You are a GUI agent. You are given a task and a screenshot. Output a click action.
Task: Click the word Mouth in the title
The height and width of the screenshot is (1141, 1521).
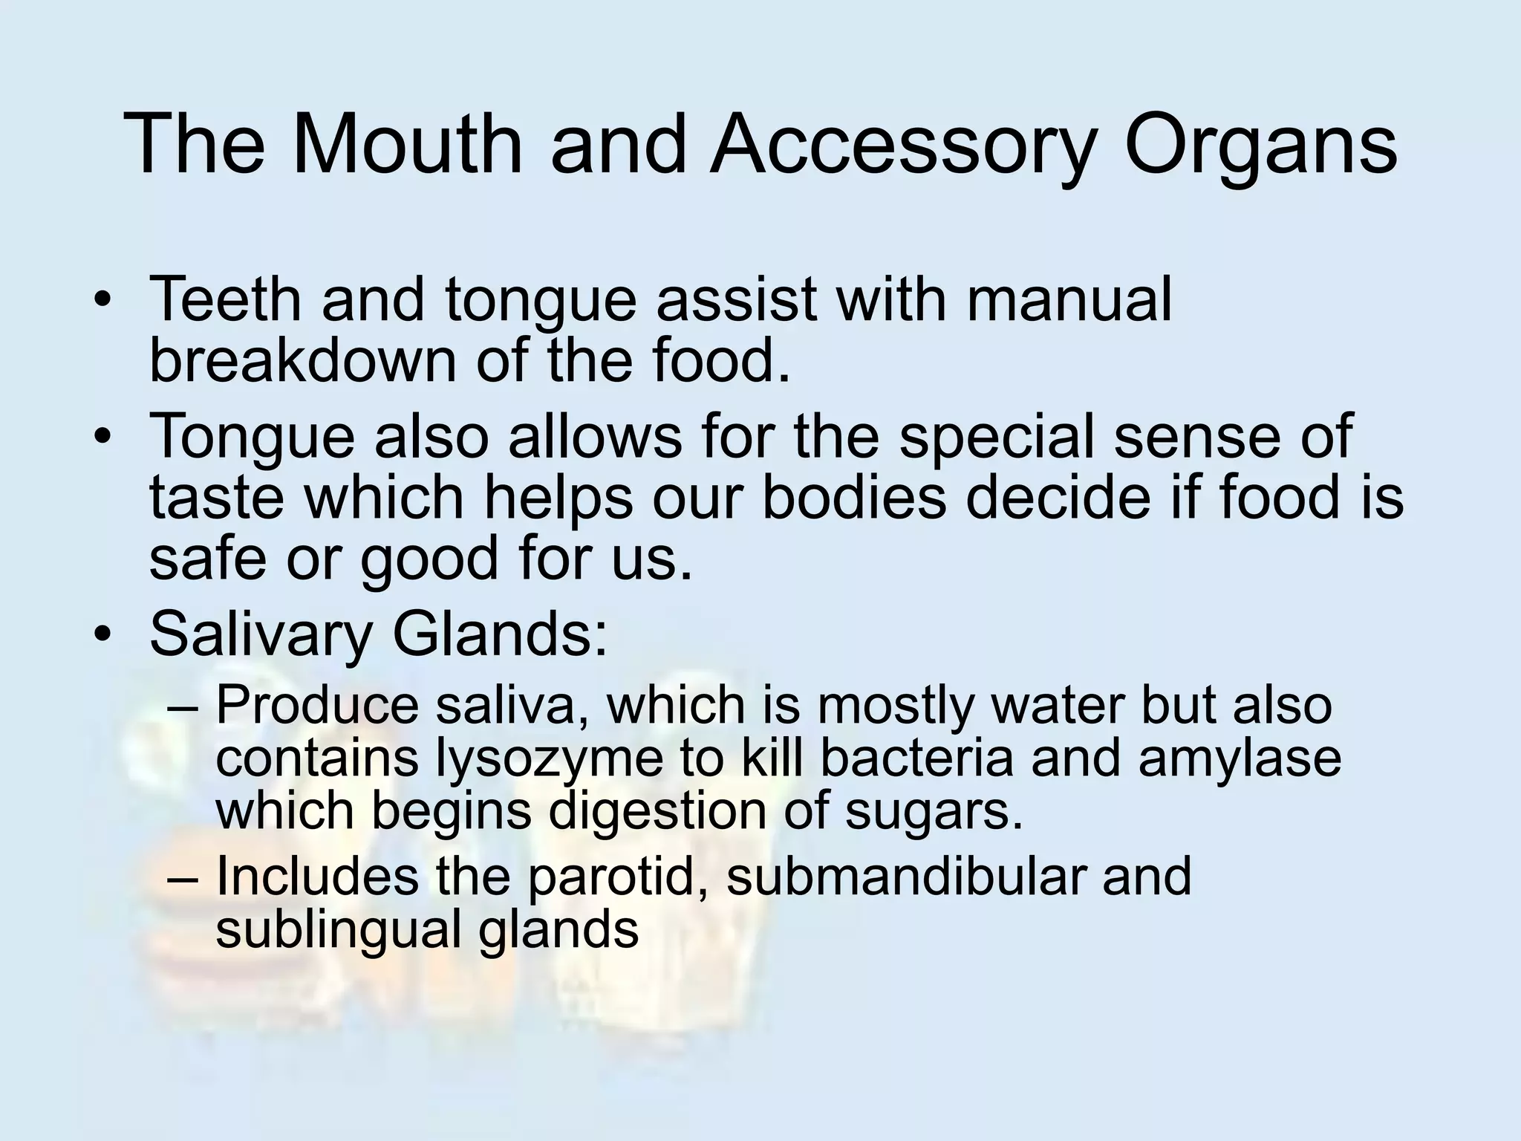tap(407, 144)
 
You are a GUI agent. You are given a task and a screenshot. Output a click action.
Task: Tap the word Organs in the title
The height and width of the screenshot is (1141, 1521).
tap(1260, 144)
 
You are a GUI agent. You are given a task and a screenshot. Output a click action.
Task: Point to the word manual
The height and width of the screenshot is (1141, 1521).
tap(1069, 299)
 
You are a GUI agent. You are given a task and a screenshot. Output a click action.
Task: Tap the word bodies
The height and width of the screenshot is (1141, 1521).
tap(853, 497)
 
